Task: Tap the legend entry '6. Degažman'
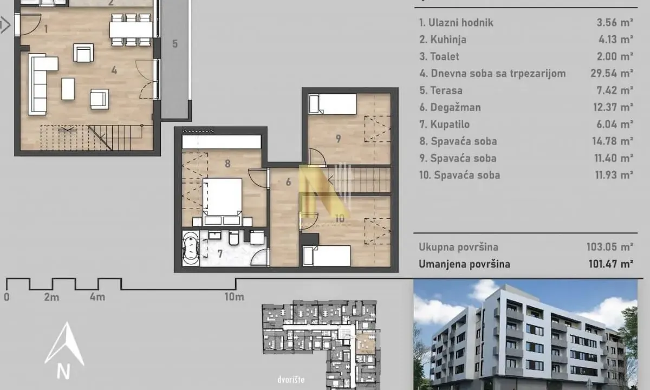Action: (x=450, y=107)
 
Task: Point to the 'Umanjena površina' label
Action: (x=464, y=264)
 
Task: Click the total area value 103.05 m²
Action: (x=609, y=247)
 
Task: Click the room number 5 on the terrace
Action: (x=175, y=44)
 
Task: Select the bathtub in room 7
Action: (x=191, y=248)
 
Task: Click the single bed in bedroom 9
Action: (x=332, y=103)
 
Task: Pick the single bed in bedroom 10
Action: (x=327, y=255)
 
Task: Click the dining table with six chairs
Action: (x=131, y=30)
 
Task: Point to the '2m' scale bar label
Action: (x=51, y=297)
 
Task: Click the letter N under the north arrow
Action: (x=64, y=372)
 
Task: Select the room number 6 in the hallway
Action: (x=289, y=183)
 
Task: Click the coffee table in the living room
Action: (x=68, y=89)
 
